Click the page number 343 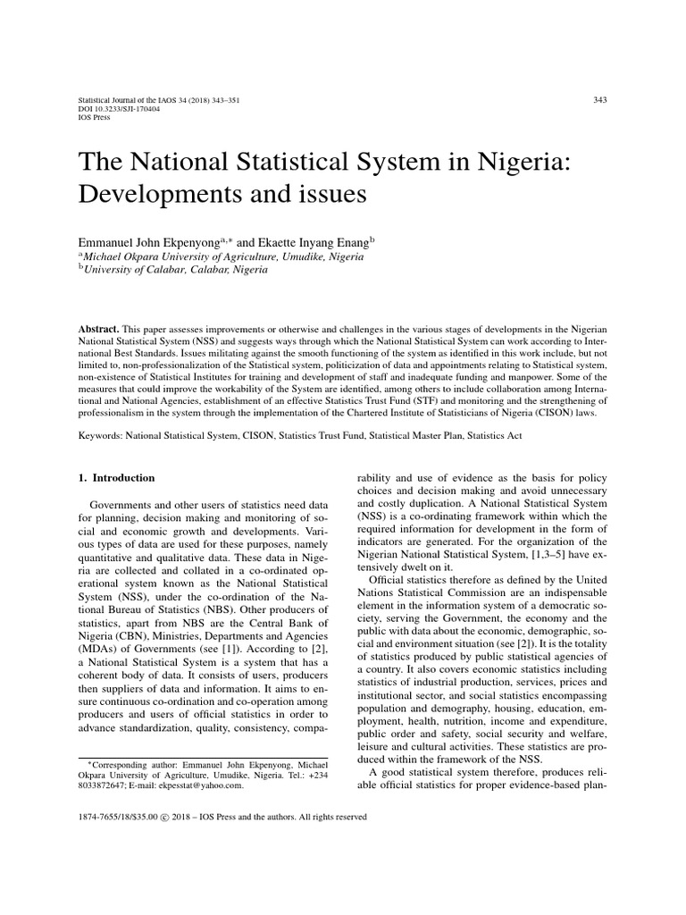click(599, 99)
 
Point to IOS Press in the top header click(95, 117)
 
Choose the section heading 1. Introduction click(118, 477)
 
